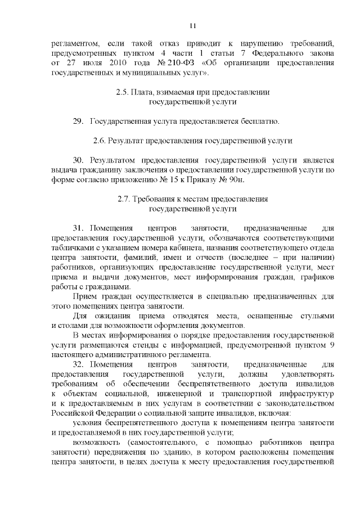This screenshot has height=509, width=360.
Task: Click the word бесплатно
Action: tap(259, 121)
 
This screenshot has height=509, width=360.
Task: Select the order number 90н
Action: tap(238, 179)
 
